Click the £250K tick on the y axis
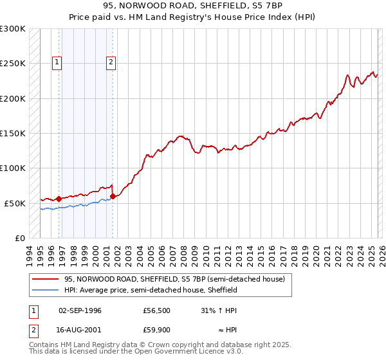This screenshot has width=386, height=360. pyautogui.click(x=13, y=64)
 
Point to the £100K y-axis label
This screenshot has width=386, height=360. pyautogui.click(x=13, y=168)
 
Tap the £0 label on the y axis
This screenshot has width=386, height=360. pyautogui.click(x=19, y=238)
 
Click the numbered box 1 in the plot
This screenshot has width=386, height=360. pyautogui.click(x=57, y=62)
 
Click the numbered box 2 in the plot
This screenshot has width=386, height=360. pyautogui.click(x=111, y=62)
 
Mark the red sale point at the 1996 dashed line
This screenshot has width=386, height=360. pyautogui.click(x=59, y=199)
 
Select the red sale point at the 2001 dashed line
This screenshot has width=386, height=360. pyautogui.click(x=113, y=196)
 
